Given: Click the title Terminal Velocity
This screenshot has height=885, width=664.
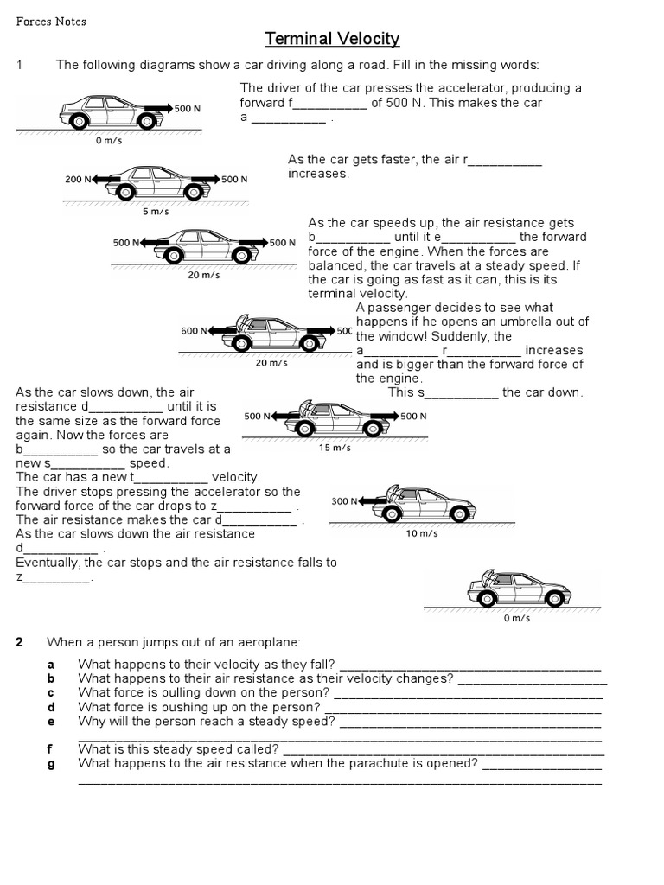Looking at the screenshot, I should click(332, 39).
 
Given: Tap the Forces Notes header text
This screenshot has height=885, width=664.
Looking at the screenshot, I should click(51, 22).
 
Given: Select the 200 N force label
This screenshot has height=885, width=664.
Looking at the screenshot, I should click(77, 179).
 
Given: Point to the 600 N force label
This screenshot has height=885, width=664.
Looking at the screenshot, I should click(193, 331).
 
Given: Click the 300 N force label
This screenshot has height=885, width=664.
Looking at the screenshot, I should click(344, 501).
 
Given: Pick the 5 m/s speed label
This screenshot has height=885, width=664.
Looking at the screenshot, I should click(156, 211).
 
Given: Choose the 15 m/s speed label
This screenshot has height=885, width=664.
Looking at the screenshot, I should click(335, 448).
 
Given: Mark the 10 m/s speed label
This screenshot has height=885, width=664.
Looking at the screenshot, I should click(422, 533).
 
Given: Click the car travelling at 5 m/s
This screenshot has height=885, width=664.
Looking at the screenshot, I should click(156, 182).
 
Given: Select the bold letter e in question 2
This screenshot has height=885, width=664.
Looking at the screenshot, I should click(52, 721).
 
